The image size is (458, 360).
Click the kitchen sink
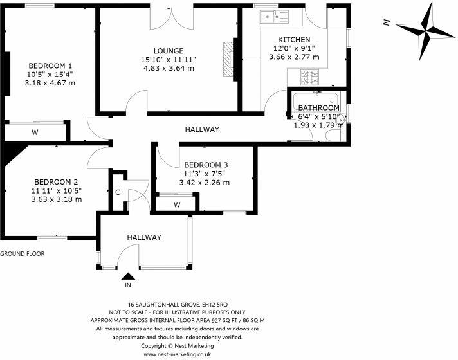point(274,16)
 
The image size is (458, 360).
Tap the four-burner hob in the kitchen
point(309,77)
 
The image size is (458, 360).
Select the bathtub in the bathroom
point(315,101)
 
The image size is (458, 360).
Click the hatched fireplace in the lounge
point(228,59)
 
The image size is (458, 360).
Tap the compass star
point(426,31)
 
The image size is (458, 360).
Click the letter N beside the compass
point(387,22)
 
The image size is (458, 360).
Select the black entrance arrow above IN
point(128,276)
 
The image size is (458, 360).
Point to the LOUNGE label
point(169,51)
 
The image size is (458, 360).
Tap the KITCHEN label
point(294,39)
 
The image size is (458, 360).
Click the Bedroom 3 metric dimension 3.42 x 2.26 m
point(204,183)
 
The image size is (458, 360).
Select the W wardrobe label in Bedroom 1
point(35,132)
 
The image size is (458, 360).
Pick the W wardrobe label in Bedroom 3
point(177,204)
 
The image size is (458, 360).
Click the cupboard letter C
point(118,192)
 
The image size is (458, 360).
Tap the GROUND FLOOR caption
point(23,253)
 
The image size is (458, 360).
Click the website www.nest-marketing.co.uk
point(178,354)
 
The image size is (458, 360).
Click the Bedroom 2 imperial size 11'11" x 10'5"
point(57,191)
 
